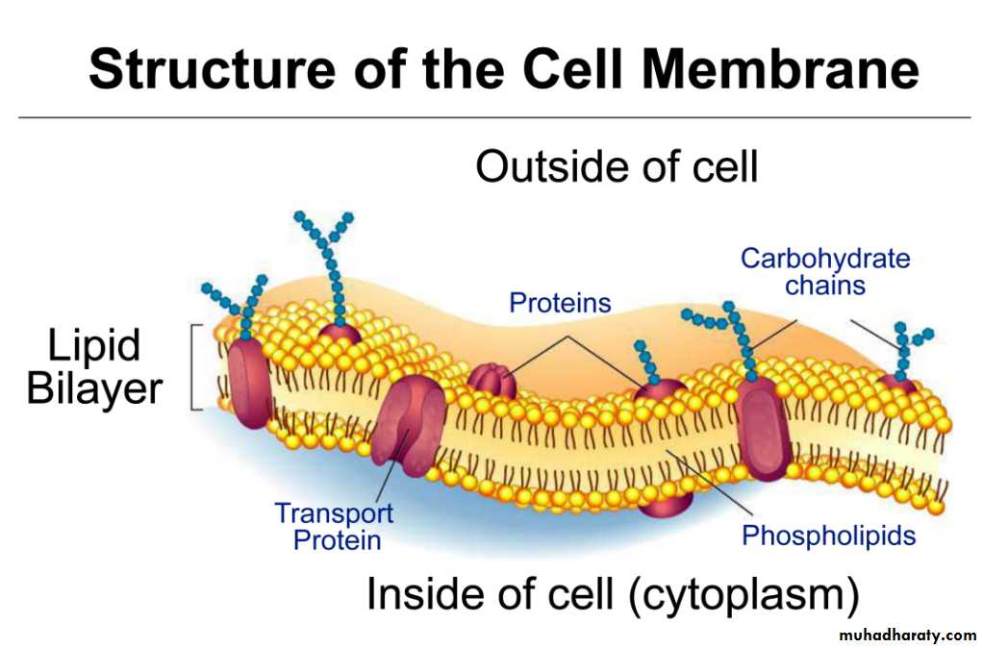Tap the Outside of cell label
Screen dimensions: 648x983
(617, 166)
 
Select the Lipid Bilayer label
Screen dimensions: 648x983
(93, 367)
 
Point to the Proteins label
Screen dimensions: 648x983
(560, 303)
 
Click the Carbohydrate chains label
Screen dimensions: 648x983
(824, 271)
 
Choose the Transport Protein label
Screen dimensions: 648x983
(334, 526)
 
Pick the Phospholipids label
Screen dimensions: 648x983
(828, 535)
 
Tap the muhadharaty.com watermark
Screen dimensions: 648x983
(907, 636)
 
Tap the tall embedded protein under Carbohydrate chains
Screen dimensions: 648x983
(765, 424)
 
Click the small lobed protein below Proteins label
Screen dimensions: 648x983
(492, 381)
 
